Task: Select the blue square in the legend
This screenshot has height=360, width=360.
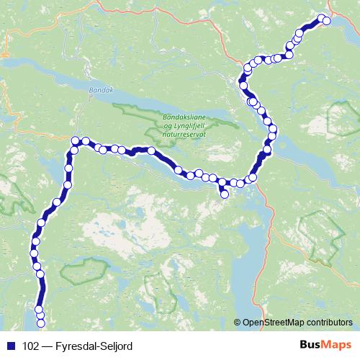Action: coord(10,346)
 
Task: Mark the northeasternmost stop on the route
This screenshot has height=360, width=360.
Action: coord(325,21)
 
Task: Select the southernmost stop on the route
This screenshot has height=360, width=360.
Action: coord(40,315)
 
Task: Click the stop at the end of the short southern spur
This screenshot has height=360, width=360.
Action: coord(224,194)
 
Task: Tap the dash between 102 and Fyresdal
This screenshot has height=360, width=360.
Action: coord(49,346)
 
